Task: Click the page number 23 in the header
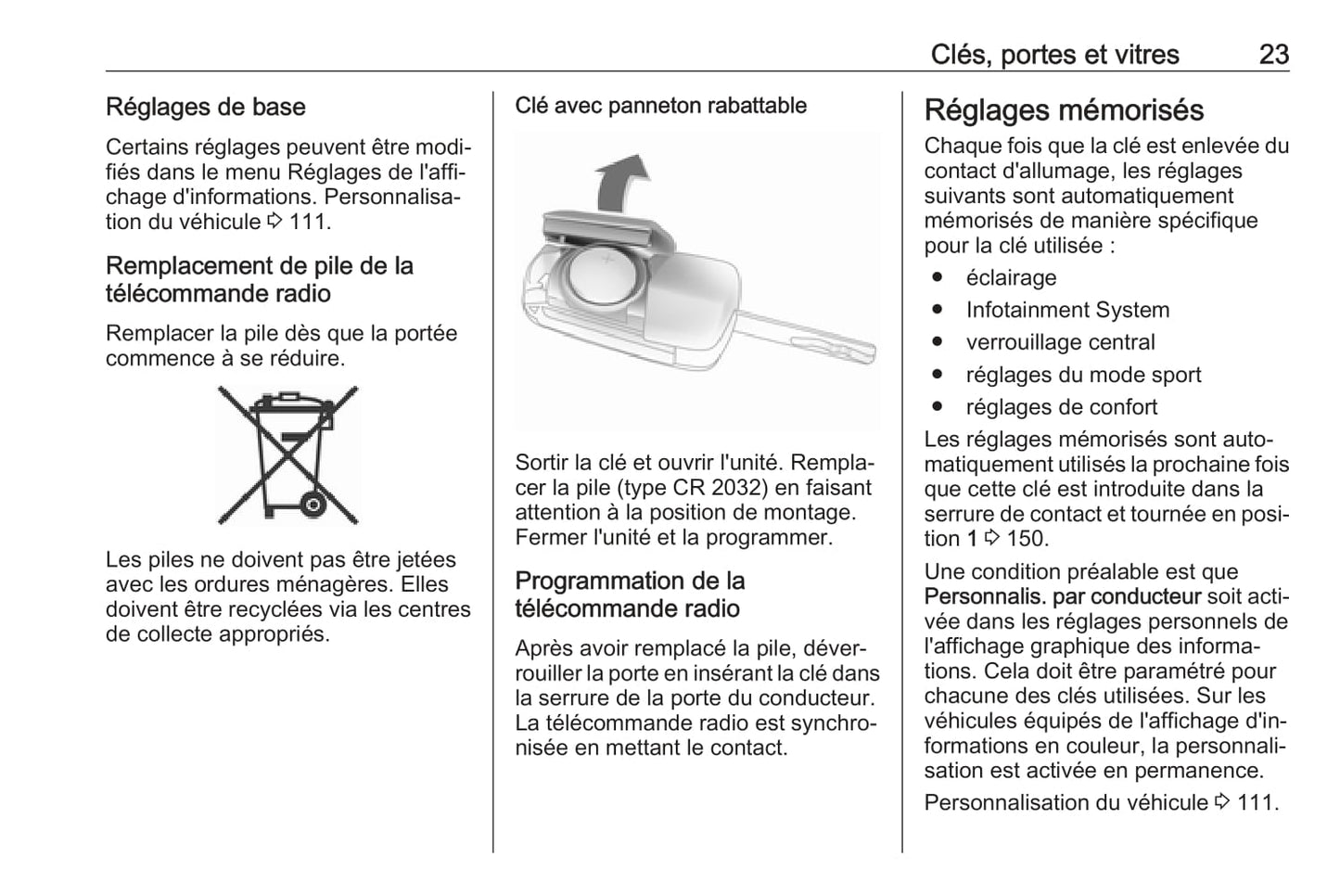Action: [1273, 55]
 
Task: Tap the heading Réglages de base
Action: [205, 107]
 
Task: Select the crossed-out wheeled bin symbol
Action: [287, 454]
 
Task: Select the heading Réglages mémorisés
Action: [1064, 110]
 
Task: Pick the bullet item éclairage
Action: [1011, 278]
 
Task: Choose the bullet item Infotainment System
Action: [1067, 311]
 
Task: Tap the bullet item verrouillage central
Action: [1060, 343]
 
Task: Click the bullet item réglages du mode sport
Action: [1083, 376]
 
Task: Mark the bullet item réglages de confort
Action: [1061, 408]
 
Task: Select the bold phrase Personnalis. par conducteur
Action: [1062, 597]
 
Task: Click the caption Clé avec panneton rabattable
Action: [660, 106]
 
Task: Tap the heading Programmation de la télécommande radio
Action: [630, 595]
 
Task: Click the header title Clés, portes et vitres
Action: [1054, 55]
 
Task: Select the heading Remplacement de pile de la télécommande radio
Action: [259, 279]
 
